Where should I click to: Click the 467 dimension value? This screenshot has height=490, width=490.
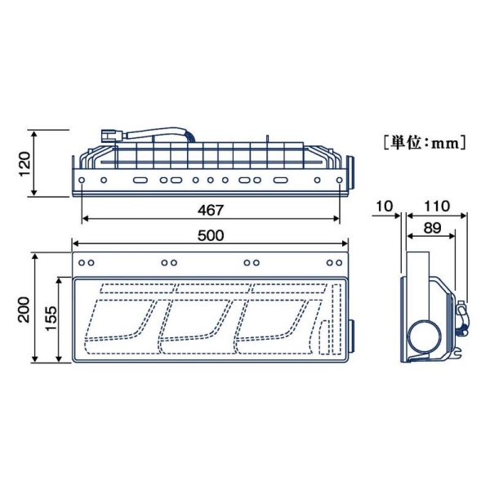(211, 210)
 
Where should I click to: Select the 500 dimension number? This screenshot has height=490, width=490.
(210, 235)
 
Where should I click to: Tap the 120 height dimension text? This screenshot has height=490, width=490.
(24, 163)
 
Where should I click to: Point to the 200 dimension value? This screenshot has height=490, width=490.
(24, 309)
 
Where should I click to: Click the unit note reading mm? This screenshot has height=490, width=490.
(423, 141)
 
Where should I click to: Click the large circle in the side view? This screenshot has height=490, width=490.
(425, 334)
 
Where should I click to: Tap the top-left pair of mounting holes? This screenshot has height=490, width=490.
(87, 262)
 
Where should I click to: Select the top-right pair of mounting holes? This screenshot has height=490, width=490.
(334, 262)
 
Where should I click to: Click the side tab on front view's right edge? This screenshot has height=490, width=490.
(354, 336)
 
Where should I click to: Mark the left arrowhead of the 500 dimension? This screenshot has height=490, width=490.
(76, 243)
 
